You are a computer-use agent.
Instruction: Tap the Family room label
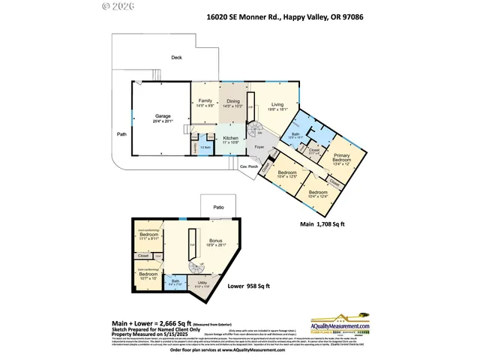pos(205,102)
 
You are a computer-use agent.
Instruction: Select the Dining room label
pos(233,102)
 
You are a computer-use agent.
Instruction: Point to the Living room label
pos(277,106)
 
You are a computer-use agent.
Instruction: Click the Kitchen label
pos(231,139)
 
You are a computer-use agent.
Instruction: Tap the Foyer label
pos(259,148)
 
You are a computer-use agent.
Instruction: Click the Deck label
pos(176,57)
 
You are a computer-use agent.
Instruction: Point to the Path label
pos(121,135)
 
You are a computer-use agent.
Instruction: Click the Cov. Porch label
pos(248,166)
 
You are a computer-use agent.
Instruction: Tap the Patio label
pos(218,207)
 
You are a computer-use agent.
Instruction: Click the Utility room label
pos(202,283)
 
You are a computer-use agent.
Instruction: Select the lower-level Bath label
pos(174,283)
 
